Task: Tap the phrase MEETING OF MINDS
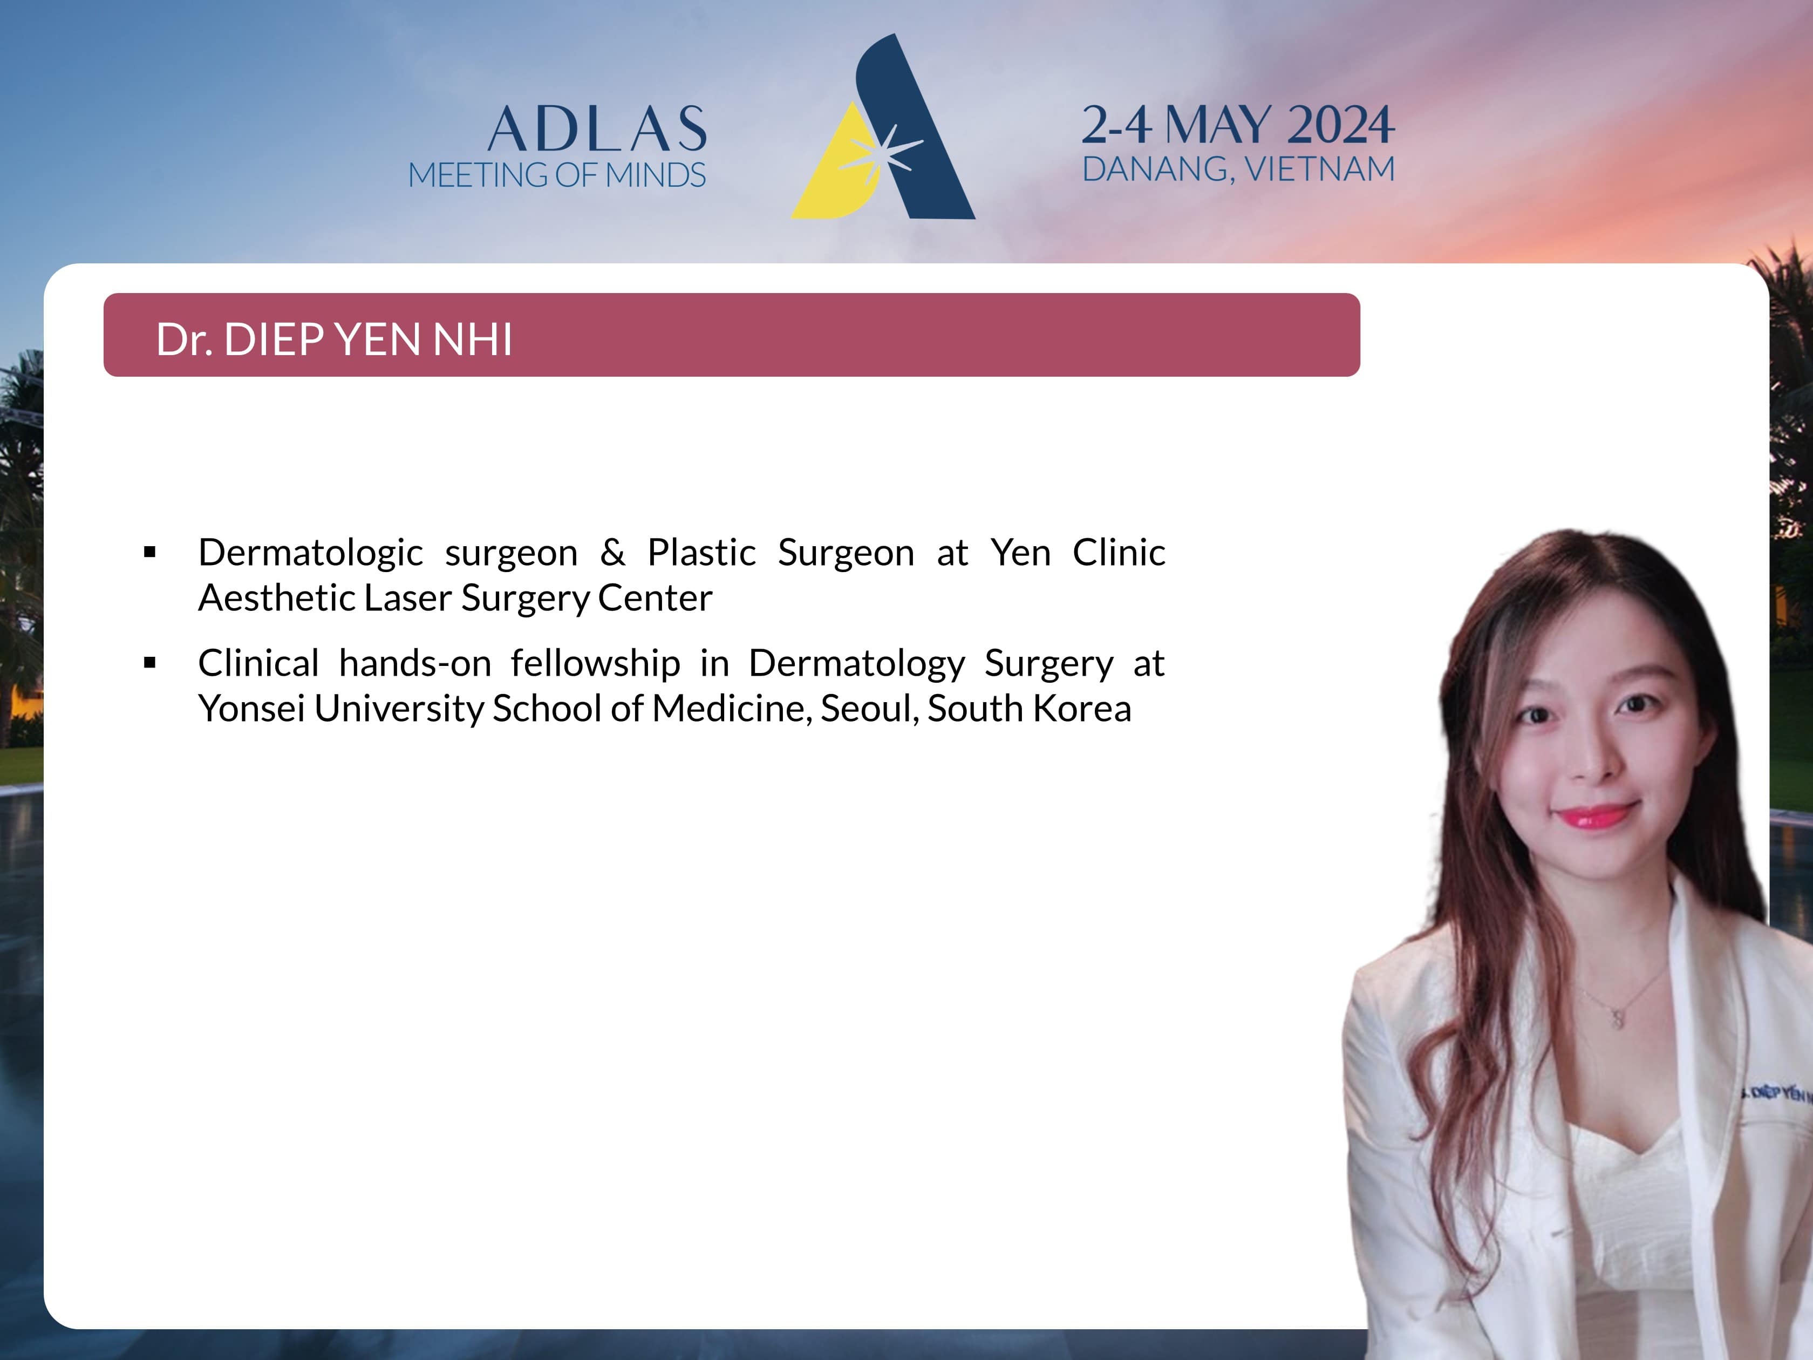[556, 175]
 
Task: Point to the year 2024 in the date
[1340, 125]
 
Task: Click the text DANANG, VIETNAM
[1238, 169]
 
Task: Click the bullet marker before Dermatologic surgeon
[149, 553]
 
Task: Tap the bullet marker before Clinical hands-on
[149, 663]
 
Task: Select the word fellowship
[596, 663]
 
